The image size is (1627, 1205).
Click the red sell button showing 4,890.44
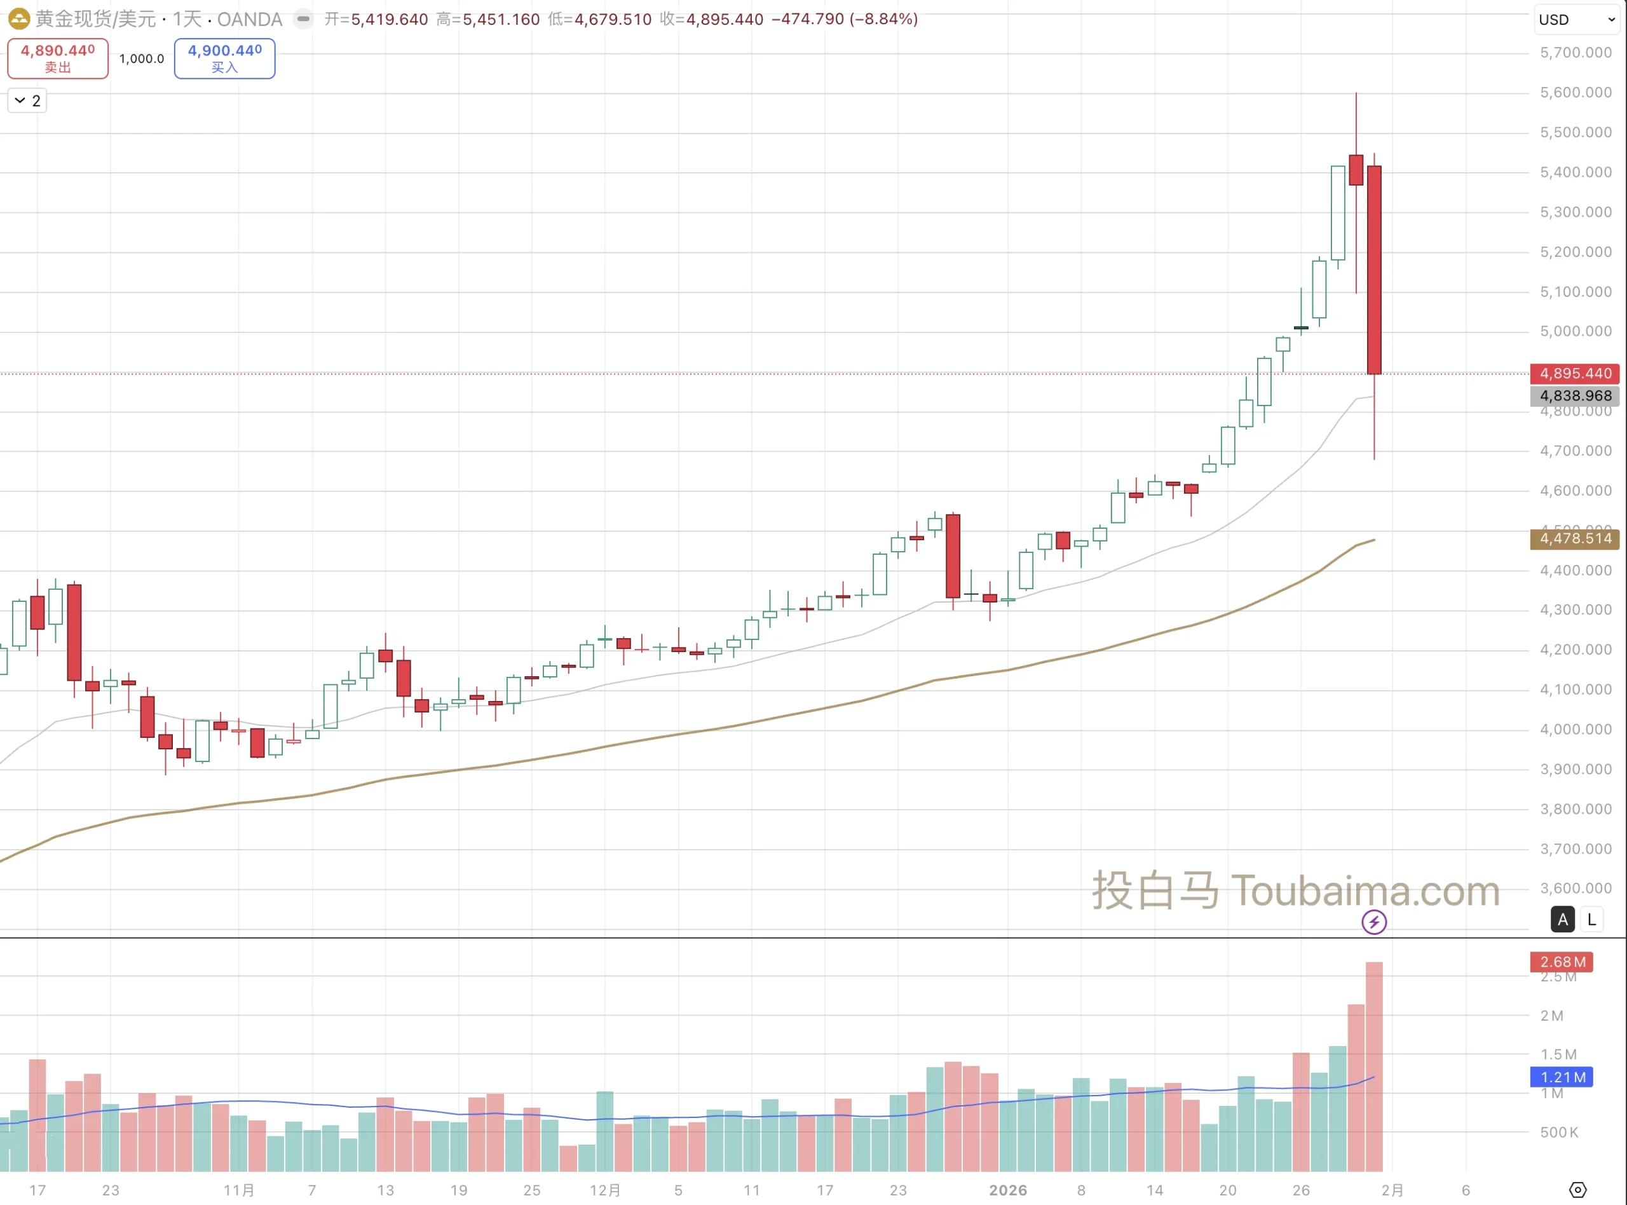[58, 58]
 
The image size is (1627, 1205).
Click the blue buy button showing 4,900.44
[224, 58]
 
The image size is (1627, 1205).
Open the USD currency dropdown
[1576, 20]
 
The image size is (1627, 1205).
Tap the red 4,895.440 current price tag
[1574, 374]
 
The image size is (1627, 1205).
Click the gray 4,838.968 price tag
[1574, 395]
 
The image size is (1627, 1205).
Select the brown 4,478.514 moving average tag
[1574, 538]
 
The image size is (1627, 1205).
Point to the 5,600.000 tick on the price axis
[1576, 93]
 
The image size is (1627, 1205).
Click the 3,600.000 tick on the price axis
[1576, 888]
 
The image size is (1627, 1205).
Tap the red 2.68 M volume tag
[1562, 962]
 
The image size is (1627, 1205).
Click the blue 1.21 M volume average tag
[1562, 1077]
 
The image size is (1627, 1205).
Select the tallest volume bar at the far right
[1374, 1065]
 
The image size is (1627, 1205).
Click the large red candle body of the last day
[1374, 270]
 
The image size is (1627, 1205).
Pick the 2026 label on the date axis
[1008, 1190]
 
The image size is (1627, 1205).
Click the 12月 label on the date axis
[605, 1190]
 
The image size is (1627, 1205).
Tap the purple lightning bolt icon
[1374, 922]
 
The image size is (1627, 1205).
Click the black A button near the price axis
[1562, 920]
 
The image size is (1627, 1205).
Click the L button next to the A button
[1592, 920]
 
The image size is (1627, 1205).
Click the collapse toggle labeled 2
[27, 100]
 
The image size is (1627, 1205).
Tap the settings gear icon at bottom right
[1577, 1190]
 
